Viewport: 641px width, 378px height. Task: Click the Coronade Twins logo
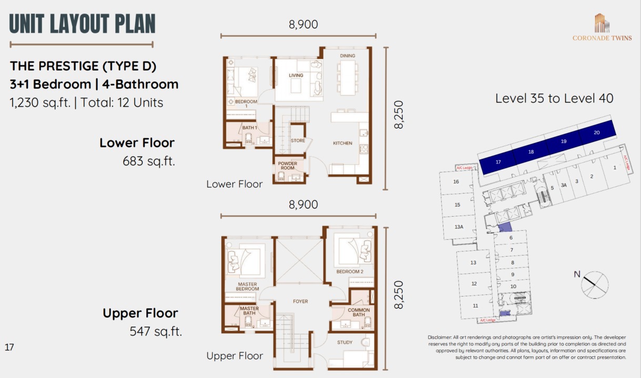point(602,27)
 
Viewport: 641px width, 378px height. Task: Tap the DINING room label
point(348,56)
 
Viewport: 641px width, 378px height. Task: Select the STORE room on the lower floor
point(298,140)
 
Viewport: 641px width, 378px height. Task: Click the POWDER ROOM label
point(288,166)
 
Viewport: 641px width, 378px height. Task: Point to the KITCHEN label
point(342,143)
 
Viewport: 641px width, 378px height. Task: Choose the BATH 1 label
point(250,128)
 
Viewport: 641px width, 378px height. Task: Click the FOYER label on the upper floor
point(300,301)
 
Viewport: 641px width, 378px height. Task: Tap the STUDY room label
point(345,342)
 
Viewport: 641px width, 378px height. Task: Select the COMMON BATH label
point(359,312)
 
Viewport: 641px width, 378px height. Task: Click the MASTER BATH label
point(249,311)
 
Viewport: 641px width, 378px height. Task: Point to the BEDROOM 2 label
point(350,272)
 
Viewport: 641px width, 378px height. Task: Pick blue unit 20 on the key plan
point(597,133)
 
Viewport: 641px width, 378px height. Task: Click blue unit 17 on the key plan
point(498,162)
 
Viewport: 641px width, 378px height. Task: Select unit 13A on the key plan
point(459,227)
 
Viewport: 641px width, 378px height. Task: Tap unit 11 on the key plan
point(475,305)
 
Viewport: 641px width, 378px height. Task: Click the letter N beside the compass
point(577,274)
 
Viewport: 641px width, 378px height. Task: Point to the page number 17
point(9,347)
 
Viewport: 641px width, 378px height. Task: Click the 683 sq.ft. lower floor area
point(149,161)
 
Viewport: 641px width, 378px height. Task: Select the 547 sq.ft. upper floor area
point(156,331)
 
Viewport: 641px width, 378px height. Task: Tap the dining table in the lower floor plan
point(348,78)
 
